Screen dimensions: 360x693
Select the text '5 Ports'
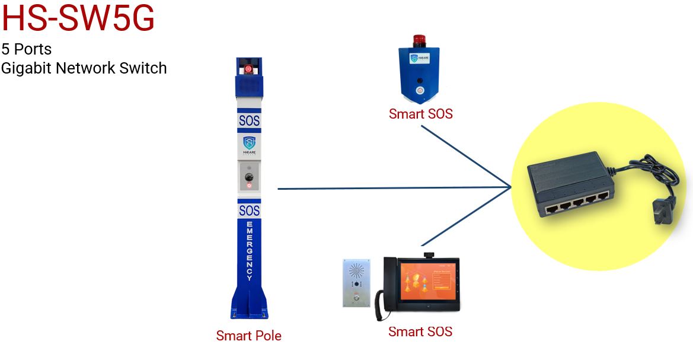click(26, 49)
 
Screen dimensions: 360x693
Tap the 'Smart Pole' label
click(248, 336)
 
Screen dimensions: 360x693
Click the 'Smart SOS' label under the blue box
click(420, 114)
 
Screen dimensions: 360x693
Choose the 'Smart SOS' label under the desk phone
click(420, 332)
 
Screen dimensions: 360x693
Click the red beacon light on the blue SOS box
click(420, 41)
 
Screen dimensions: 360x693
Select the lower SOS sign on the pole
click(249, 211)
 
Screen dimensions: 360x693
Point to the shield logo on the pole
click(249, 143)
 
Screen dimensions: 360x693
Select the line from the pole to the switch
click(391, 188)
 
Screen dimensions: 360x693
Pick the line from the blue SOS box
click(468, 158)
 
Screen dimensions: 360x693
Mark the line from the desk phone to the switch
click(468, 216)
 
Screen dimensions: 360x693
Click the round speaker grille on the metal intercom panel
click(356, 272)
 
